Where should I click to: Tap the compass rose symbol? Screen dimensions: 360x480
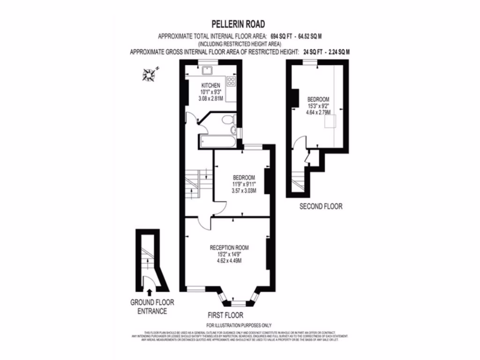pyautogui.click(x=150, y=74)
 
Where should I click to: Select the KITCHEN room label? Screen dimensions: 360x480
pyautogui.click(x=210, y=85)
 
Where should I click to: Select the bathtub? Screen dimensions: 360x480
pyautogui.click(x=217, y=140)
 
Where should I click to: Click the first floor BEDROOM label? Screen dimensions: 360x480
pyautogui.click(x=244, y=178)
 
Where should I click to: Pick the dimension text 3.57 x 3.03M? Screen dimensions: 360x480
pyautogui.click(x=244, y=191)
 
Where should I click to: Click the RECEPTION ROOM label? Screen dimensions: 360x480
pyautogui.click(x=229, y=247)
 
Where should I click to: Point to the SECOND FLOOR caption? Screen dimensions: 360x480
pyautogui.click(x=321, y=206)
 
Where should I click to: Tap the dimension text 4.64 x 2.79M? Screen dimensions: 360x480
pyautogui.click(x=318, y=112)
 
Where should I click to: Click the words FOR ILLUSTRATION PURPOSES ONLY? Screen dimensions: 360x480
pyautogui.click(x=239, y=325)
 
